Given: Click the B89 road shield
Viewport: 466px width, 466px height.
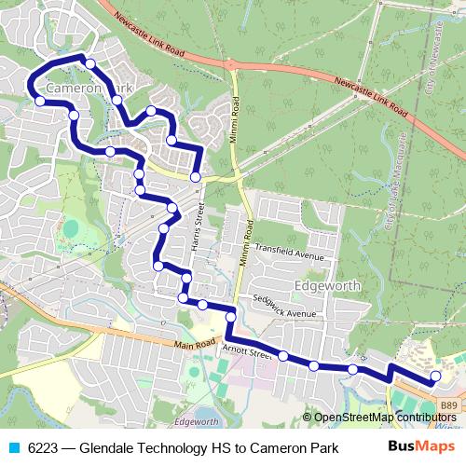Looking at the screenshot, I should (449, 404).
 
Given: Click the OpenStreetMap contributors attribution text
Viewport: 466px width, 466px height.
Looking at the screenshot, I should (386, 417).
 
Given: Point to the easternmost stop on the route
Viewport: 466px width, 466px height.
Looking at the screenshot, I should (434, 377).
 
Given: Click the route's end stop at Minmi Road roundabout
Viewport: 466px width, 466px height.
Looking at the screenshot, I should (196, 176).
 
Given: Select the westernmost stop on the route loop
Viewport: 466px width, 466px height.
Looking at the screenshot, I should (40, 101).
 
